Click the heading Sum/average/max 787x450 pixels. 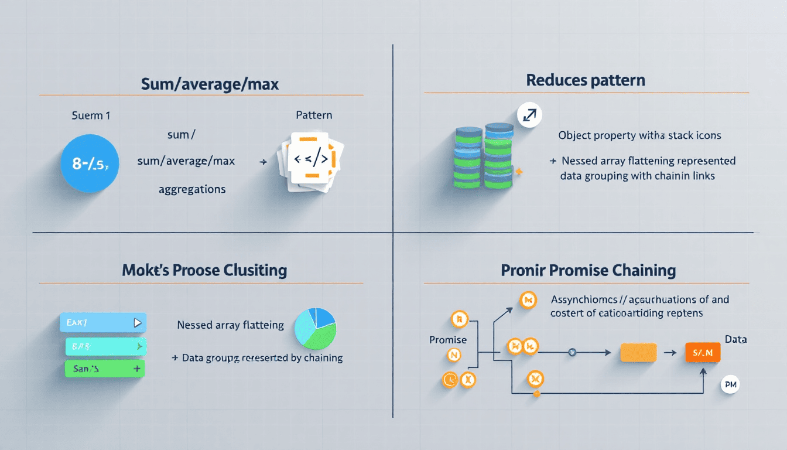[210, 84]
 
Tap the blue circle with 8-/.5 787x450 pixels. [90, 163]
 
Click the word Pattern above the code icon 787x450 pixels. [314, 115]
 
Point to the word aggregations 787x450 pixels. [192, 189]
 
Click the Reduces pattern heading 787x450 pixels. [586, 80]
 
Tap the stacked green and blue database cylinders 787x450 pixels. [483, 156]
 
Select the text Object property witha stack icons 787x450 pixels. [639, 135]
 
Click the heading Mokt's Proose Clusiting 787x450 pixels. [204, 271]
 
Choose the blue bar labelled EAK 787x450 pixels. [102, 322]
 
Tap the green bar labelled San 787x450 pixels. [104, 369]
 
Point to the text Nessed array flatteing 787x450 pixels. [230, 325]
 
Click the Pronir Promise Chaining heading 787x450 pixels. [588, 271]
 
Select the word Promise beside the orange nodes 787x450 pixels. [448, 340]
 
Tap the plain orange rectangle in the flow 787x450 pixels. [638, 352]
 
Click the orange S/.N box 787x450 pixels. [702, 353]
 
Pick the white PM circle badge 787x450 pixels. [730, 385]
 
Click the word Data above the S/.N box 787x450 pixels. [735, 339]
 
